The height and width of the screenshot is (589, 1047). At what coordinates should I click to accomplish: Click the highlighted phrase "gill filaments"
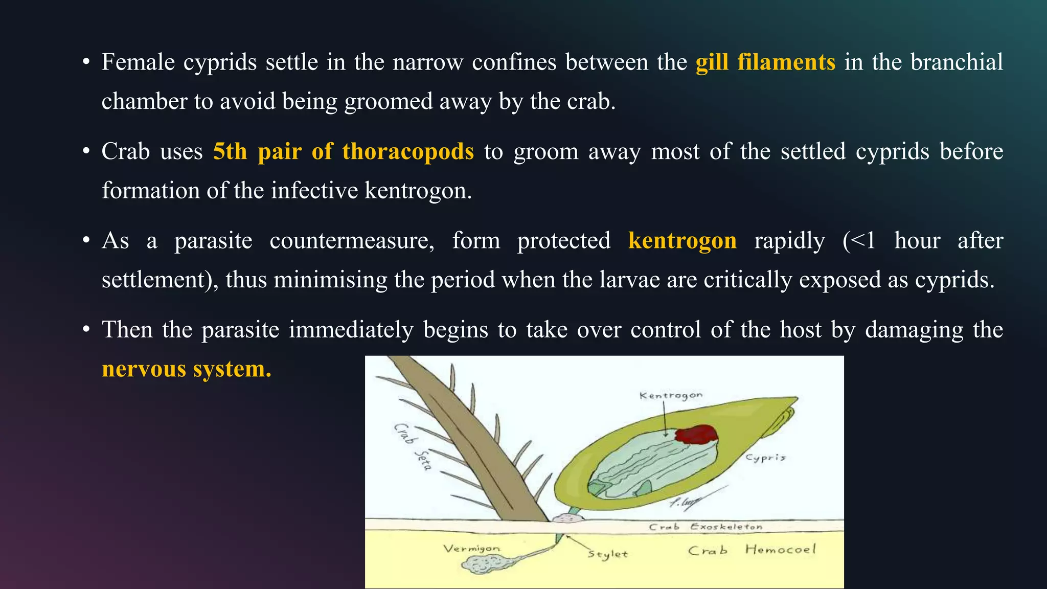[765, 62]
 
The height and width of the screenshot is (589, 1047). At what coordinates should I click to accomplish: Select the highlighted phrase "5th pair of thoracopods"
[343, 152]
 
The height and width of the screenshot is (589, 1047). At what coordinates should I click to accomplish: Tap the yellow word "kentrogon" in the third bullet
[682, 241]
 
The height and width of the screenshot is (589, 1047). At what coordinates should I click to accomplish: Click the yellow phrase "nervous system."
[187, 369]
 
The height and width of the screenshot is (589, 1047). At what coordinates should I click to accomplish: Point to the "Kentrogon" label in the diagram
[671, 395]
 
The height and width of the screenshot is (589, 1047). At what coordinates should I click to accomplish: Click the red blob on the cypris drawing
[696, 434]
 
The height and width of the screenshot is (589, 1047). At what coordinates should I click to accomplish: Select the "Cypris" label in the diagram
[765, 457]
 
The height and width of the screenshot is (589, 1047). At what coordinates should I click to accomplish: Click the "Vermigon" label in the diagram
[471, 549]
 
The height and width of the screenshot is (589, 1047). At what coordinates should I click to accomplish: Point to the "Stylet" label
[607, 554]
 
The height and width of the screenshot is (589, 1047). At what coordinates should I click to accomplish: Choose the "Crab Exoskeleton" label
[705, 527]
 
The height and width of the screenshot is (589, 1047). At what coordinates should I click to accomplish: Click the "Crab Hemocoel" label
[752, 550]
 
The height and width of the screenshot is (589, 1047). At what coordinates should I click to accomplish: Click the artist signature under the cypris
[684, 503]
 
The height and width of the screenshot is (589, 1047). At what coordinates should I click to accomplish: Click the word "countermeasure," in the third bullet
[352, 241]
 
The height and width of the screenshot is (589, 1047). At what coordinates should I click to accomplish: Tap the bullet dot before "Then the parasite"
[86, 330]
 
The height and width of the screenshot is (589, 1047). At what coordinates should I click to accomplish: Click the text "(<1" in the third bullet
[859, 241]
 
